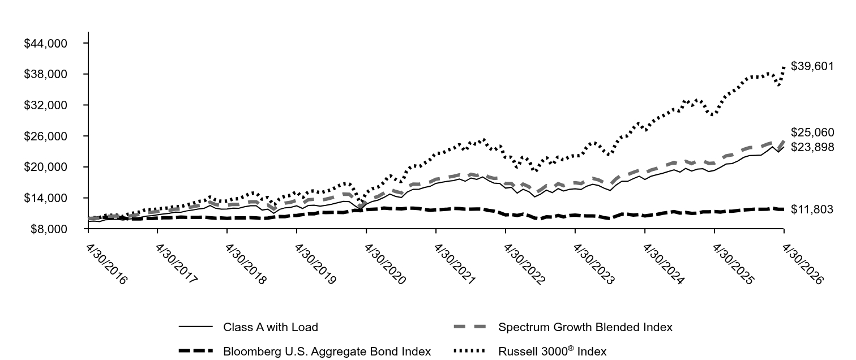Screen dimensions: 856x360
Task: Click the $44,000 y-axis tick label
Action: pos(45,44)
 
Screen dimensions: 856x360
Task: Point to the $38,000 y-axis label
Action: pos(45,74)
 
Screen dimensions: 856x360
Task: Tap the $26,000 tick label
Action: pos(45,136)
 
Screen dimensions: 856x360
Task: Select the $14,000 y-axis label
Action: pos(45,198)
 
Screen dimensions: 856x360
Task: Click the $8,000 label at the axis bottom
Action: pos(49,229)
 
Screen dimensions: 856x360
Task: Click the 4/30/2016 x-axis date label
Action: pos(106,264)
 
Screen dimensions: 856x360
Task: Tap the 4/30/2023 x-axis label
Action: pos(594,264)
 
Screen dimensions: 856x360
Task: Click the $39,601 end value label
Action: pos(812,66)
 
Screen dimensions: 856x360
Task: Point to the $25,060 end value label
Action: pos(812,132)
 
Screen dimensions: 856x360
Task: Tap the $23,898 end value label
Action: pos(812,147)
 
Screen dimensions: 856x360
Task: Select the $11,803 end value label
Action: pos(812,209)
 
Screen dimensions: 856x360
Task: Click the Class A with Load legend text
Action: pos(271,327)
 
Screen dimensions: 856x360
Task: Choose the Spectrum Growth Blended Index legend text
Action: pos(585,327)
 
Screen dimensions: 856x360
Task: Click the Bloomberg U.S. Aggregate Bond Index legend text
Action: pos(327,351)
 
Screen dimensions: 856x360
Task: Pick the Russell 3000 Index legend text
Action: pos(553,351)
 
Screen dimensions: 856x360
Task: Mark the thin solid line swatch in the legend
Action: pos(195,327)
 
